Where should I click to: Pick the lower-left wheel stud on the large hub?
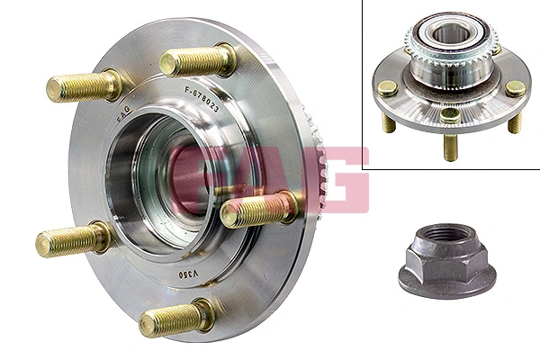pos(72,241)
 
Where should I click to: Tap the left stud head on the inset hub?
pos(387,88)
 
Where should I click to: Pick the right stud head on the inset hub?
pos(514,88)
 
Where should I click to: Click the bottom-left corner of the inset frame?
pos(364,168)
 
